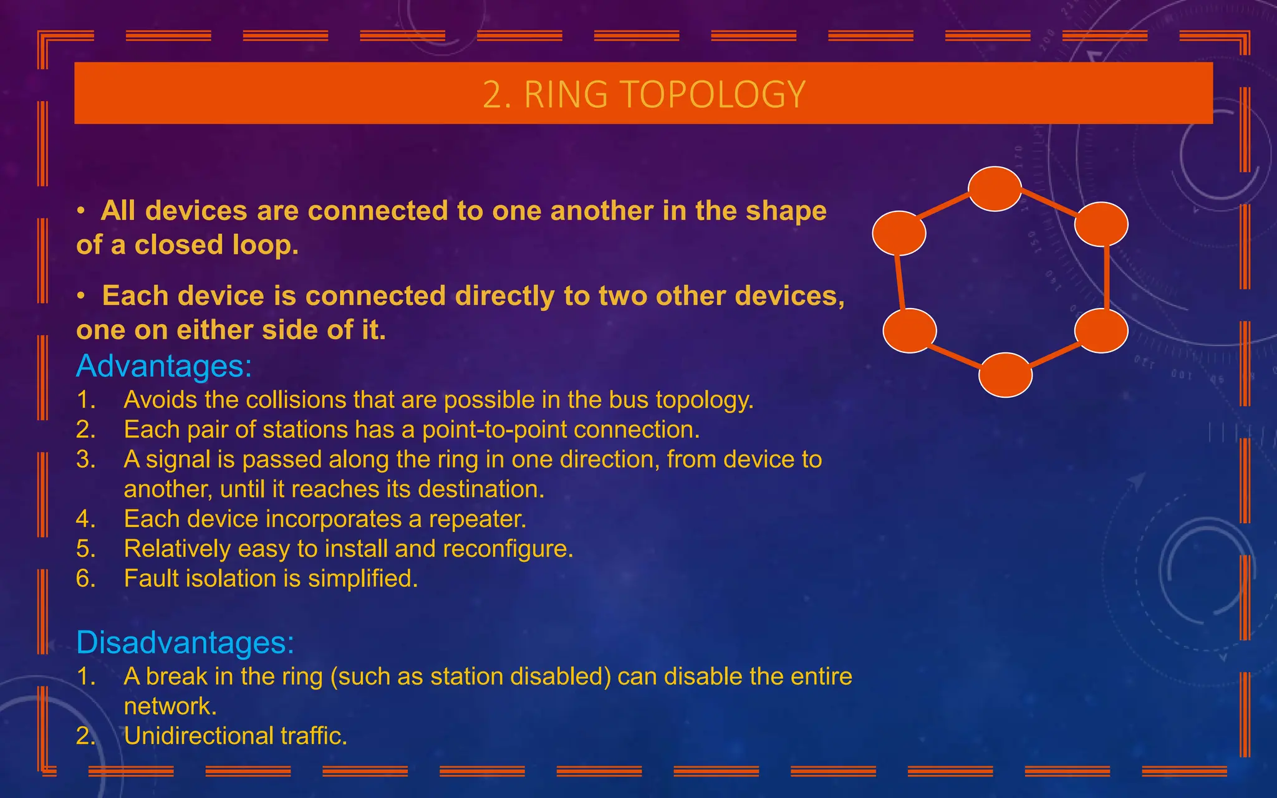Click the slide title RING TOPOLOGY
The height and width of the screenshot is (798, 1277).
[x=644, y=95]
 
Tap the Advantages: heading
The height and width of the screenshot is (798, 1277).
[x=164, y=366]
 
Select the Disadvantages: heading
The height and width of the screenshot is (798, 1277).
[x=185, y=642]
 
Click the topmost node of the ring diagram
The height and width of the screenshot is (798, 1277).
[x=995, y=189]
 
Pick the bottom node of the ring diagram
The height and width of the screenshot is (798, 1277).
[x=1005, y=375]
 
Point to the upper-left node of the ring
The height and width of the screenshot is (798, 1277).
[x=899, y=233]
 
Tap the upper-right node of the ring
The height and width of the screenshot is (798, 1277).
[x=1101, y=224]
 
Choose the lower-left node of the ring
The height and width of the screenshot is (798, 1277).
[x=910, y=330]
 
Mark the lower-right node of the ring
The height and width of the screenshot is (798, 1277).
[x=1101, y=330]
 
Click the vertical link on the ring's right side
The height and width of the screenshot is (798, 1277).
[x=1106, y=277]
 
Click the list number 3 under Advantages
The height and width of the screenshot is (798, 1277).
[x=85, y=459]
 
